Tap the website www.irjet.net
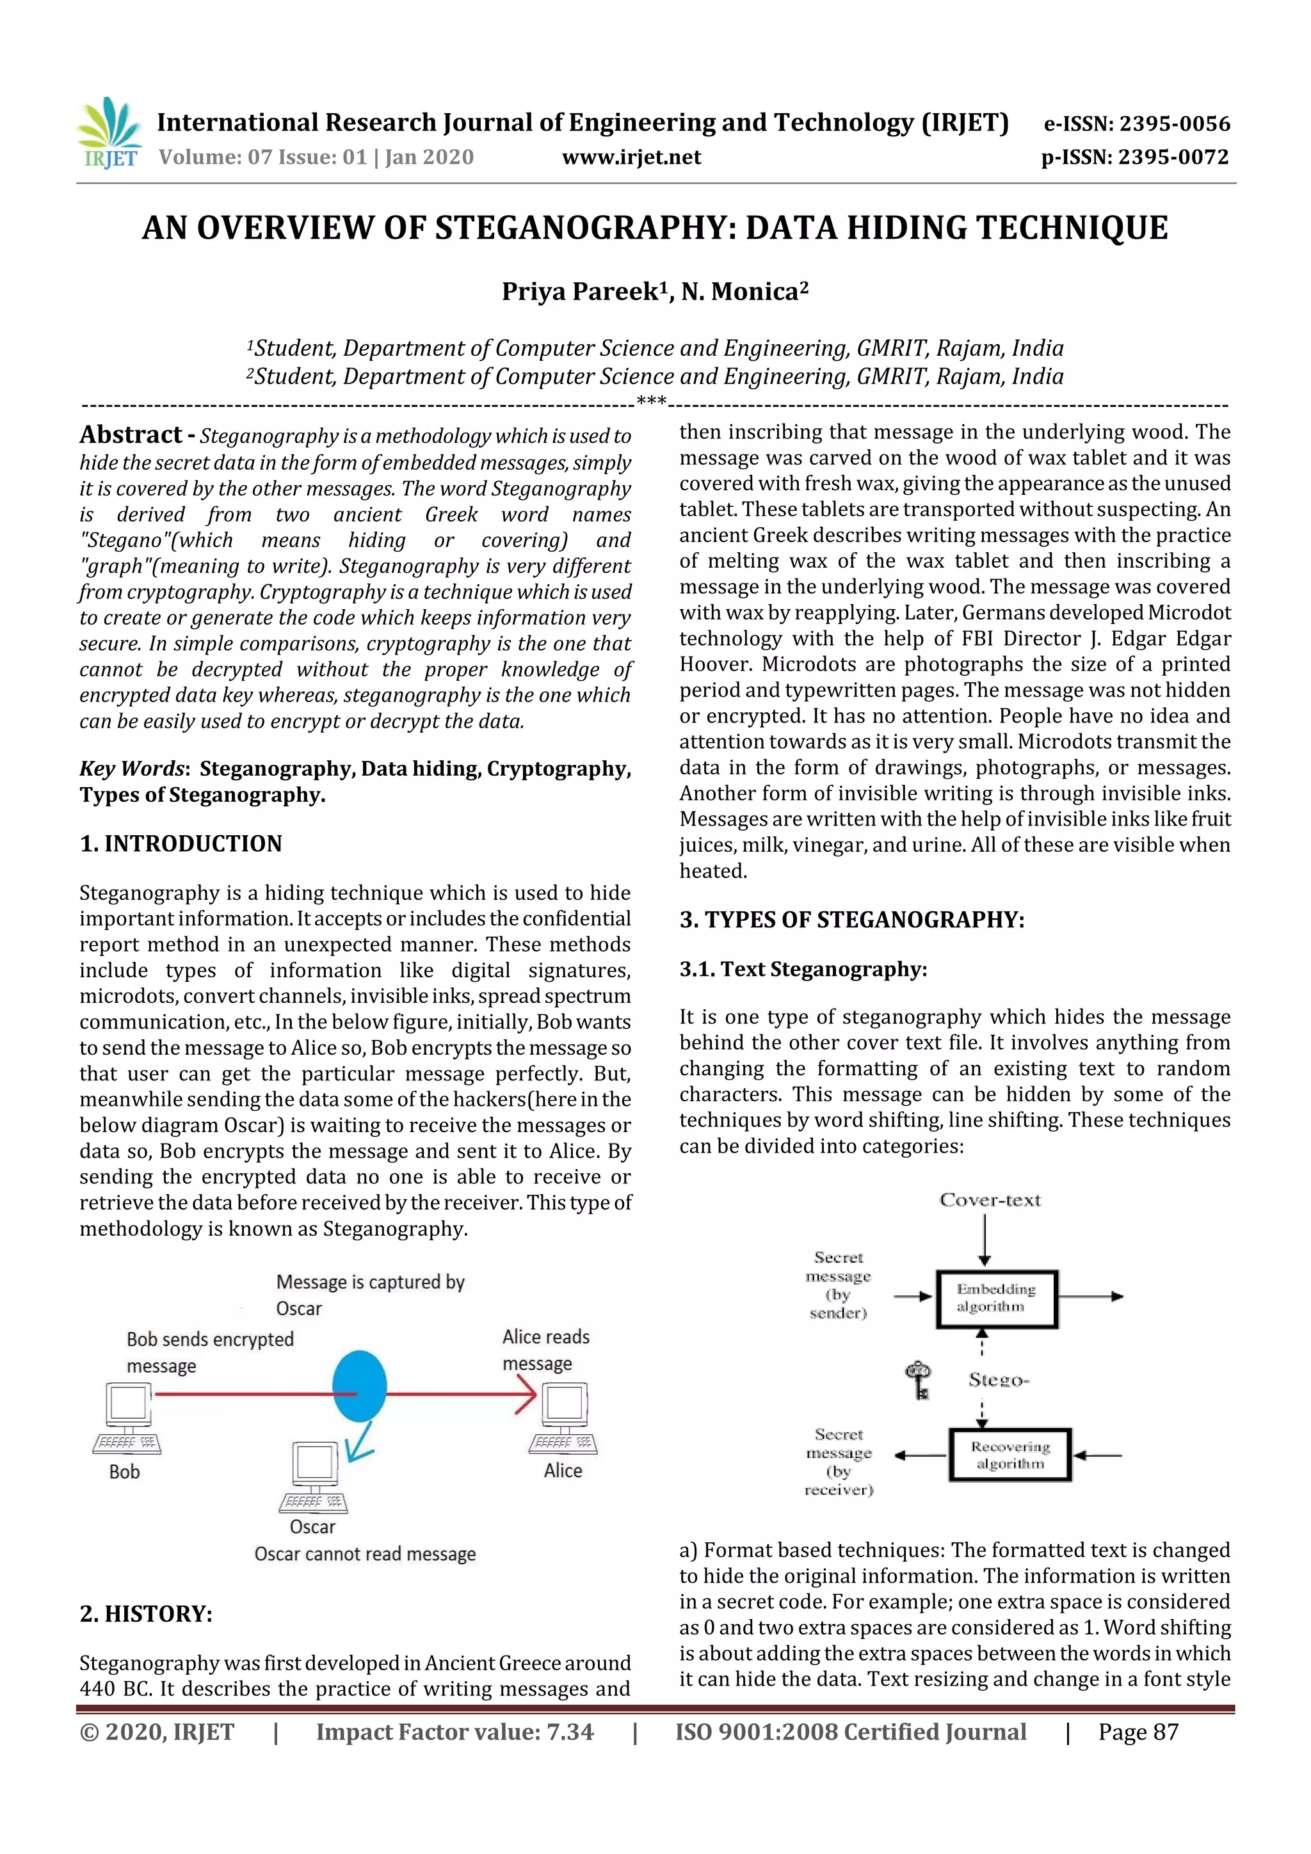pos(631,157)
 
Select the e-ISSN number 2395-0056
pos(1136,124)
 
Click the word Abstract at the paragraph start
pos(130,435)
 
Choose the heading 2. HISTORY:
pos(145,1613)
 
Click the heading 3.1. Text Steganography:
pos(803,969)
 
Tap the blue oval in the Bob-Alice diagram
pos(360,1386)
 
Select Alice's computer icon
pos(564,1417)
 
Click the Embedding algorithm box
pos(997,1299)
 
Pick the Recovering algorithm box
pos(1009,1455)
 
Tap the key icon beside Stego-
pos(919,1380)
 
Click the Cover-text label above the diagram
pos(990,1200)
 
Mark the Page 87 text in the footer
pos(1138,1732)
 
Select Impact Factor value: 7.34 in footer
pos(454,1732)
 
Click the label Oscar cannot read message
pos(365,1554)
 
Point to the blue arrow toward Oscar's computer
pos(358,1441)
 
